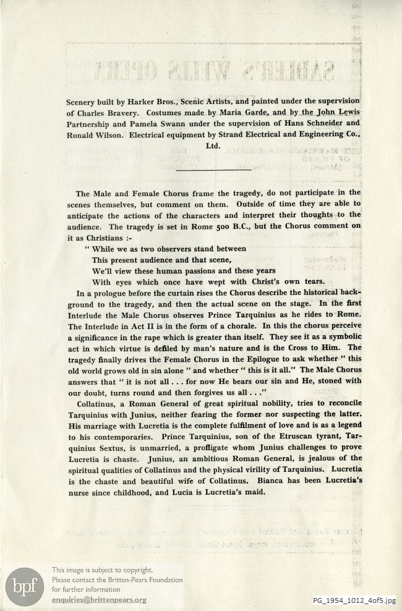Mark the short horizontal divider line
click(x=213, y=169)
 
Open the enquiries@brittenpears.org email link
click(x=99, y=600)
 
